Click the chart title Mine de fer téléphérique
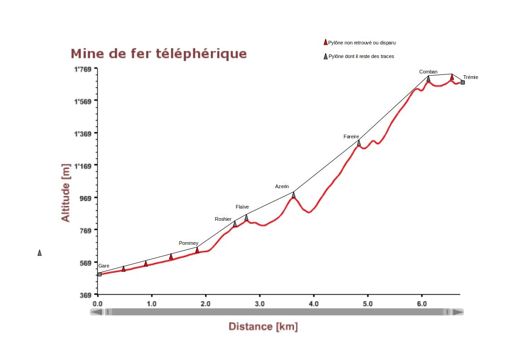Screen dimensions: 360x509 pos(159,54)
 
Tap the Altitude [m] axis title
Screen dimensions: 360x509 pos(66,193)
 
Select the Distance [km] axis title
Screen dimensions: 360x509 pos(263,326)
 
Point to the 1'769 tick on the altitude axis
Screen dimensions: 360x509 pos(83,69)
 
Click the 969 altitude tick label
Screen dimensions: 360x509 pos(86,198)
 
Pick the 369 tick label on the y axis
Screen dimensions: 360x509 pos(86,295)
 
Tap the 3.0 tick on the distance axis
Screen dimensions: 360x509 pos(259,303)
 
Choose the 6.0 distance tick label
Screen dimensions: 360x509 pos(422,303)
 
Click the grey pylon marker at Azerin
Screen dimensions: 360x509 pos(293,195)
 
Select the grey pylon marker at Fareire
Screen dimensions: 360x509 pos(359,143)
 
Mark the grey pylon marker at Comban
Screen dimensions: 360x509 pos(428,79)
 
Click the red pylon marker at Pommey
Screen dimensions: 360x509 pos(197,250)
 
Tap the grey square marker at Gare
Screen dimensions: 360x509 pos(99,274)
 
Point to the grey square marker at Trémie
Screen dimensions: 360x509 pos(463,82)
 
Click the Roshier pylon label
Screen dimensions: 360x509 pos(223,219)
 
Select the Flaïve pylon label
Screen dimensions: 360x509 pos(242,207)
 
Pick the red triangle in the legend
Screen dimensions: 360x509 pos(325,42)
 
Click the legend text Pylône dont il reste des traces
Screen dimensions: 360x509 pos(361,57)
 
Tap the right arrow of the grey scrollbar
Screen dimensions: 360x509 pos(458,312)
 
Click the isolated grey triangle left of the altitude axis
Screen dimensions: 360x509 pos(39,253)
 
